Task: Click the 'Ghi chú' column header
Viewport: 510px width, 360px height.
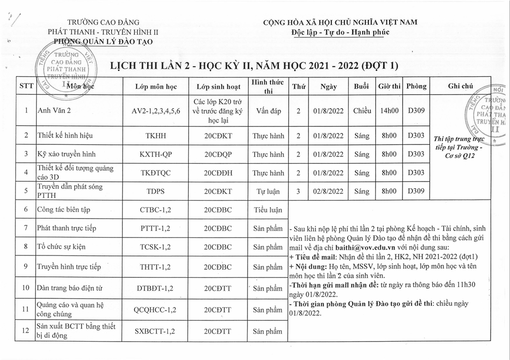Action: pyautogui.click(x=460, y=86)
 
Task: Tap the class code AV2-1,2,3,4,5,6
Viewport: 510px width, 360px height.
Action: pyautogui.click(x=156, y=111)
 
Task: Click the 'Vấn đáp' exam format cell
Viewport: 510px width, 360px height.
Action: pyautogui.click(x=268, y=111)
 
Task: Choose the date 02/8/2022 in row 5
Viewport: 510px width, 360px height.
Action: pyautogui.click(x=328, y=191)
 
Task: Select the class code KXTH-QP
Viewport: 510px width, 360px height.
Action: pyautogui.click(x=156, y=154)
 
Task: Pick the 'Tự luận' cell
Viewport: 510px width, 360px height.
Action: pyautogui.click(x=268, y=191)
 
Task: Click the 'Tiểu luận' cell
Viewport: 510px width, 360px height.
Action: pyautogui.click(x=268, y=210)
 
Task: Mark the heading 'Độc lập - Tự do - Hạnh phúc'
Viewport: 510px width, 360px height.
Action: pyautogui.click(x=341, y=32)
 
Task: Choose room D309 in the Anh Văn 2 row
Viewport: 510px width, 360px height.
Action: pyautogui.click(x=416, y=111)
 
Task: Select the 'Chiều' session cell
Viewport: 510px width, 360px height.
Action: pyautogui.click(x=362, y=111)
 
